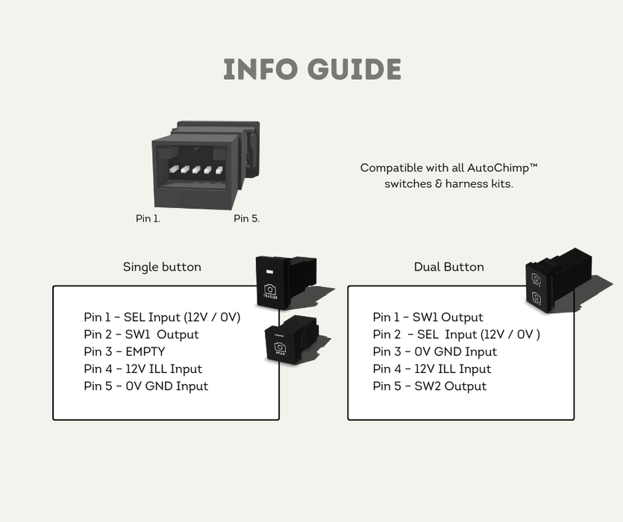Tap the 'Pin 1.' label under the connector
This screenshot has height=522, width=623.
148,218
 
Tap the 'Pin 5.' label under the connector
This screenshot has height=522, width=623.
246,218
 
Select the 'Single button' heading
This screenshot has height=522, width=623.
162,267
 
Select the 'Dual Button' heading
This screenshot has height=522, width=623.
448,267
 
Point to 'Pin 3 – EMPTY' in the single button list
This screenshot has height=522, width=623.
125,352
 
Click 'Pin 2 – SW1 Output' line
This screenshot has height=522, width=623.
141,335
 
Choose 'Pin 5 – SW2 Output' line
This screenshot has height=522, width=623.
430,386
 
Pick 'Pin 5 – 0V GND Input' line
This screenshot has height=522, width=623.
145,386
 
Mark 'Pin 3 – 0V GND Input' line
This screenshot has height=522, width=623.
435,352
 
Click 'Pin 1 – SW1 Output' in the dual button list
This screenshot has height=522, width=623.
428,318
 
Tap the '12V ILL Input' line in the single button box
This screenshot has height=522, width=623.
143,369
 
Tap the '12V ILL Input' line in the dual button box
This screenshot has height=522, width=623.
432,369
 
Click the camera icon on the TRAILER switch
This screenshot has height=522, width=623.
270,289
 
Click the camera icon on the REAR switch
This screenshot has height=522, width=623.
281,348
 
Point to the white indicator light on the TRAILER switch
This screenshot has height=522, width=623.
269,270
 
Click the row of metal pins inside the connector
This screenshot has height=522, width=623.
195,170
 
